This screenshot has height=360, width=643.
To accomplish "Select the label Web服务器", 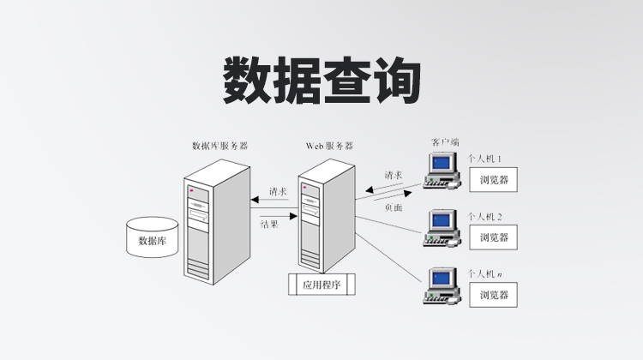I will tap(329, 146).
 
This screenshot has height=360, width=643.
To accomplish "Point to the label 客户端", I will tap(445, 141).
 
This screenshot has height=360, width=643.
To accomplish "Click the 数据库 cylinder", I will tap(152, 237).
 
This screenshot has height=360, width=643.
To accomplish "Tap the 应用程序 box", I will tap(321, 285).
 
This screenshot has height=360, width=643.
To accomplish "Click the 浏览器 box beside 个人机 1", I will tap(494, 180).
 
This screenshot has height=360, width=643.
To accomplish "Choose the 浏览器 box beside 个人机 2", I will tap(494, 237).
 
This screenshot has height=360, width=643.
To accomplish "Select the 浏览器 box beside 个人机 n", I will tap(494, 294).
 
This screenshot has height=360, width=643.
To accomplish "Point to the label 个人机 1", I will tap(485, 159).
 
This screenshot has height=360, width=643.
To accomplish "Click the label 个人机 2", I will tap(485, 217).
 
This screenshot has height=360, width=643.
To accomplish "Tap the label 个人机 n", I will tap(485, 273).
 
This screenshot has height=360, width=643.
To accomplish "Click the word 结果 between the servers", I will tap(269, 224).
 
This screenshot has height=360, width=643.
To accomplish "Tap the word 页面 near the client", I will tap(394, 207).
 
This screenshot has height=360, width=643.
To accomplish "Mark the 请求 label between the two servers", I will tap(278, 191).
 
